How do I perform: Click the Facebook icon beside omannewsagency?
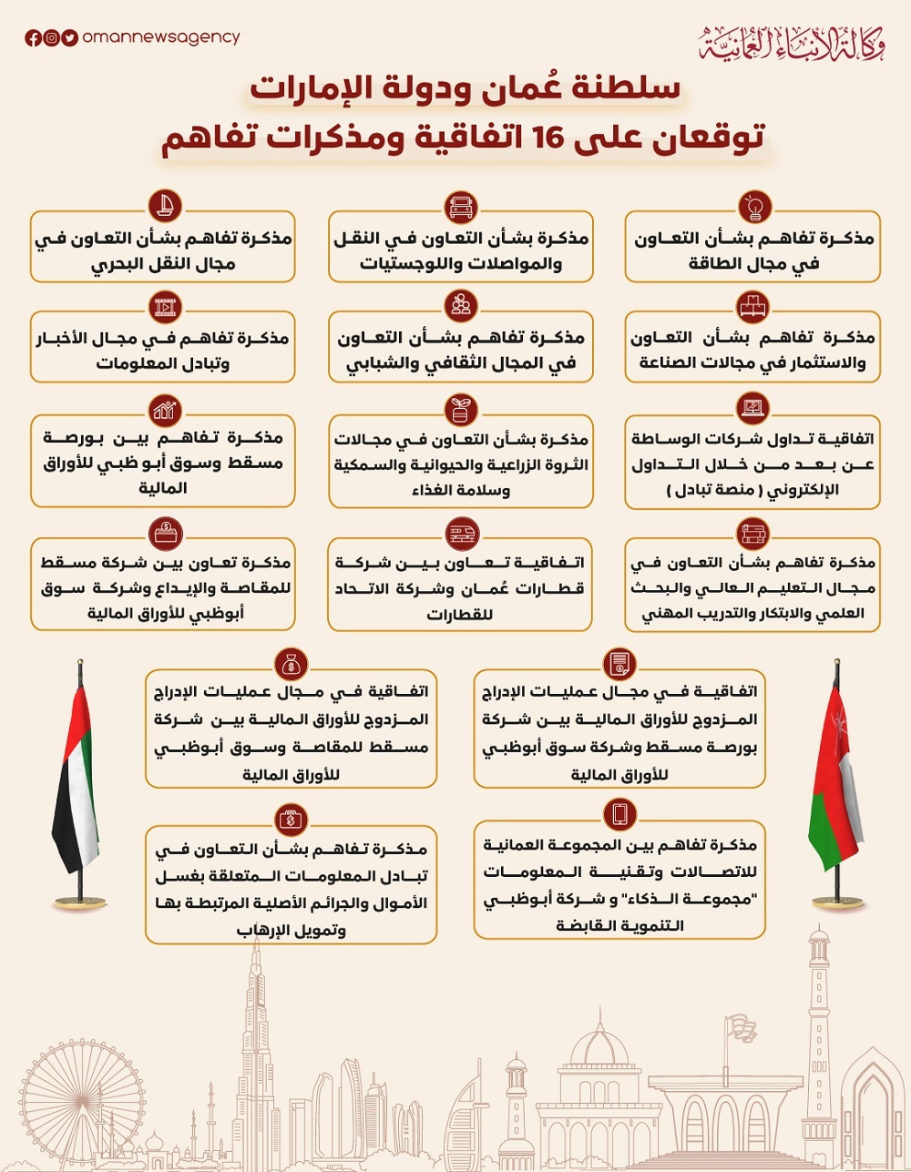(x=33, y=38)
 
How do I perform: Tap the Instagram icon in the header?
(x=51, y=38)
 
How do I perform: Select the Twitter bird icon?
(x=69, y=38)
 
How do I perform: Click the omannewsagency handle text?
(x=160, y=37)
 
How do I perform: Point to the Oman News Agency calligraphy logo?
(x=792, y=44)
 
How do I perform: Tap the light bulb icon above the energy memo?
(x=753, y=207)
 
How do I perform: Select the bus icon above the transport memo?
(x=461, y=207)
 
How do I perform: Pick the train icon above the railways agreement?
(x=461, y=533)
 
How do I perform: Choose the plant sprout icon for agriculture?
(x=461, y=409)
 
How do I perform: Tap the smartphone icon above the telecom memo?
(x=619, y=813)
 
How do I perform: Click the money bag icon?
(x=292, y=665)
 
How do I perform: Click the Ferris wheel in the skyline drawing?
(x=68, y=1106)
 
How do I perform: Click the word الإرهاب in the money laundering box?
(x=264, y=930)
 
